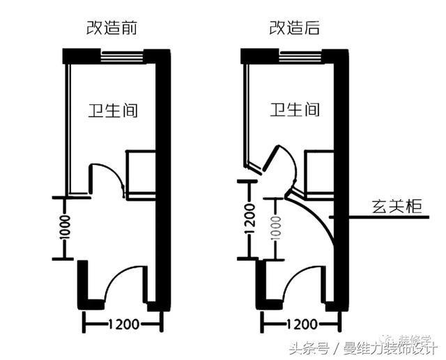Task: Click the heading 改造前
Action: [111, 29]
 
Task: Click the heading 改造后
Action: [289, 29]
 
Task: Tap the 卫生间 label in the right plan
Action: [295, 110]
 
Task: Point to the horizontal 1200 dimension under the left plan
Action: [123, 324]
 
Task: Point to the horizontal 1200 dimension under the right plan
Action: [302, 324]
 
